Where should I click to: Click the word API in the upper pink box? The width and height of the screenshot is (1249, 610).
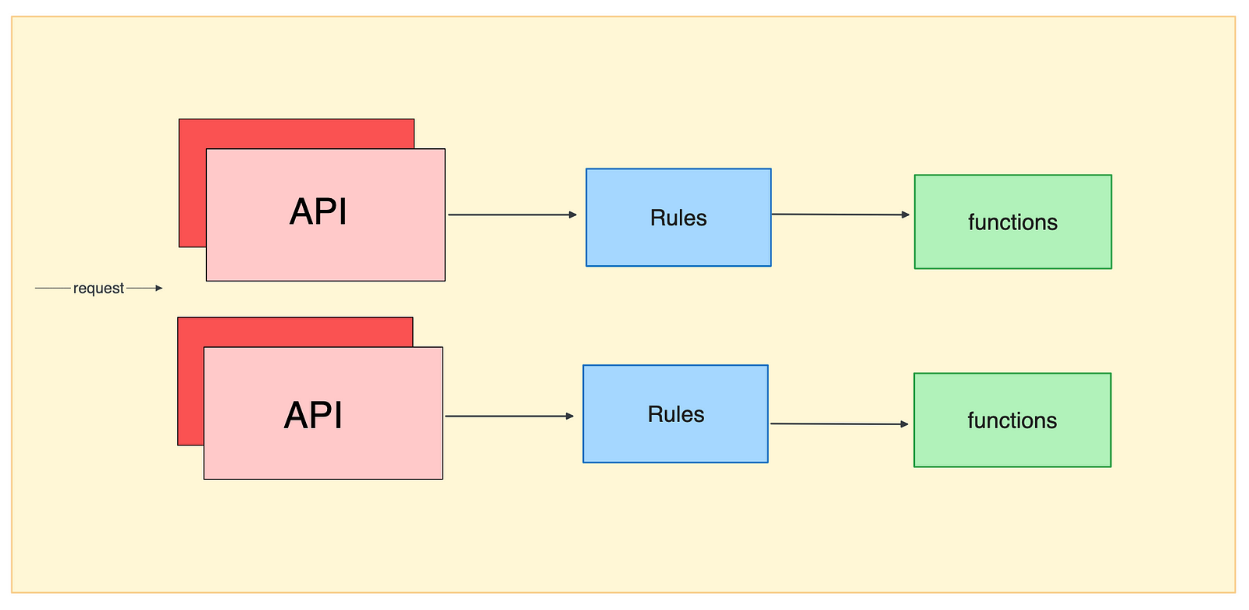[318, 212]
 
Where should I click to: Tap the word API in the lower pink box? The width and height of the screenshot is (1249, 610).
[313, 415]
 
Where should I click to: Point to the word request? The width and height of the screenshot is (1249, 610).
[98, 289]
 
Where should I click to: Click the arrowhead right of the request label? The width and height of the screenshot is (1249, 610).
[159, 289]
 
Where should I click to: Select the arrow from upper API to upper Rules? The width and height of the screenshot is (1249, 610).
[511, 215]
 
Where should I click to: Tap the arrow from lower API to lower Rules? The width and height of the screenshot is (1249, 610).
[508, 417]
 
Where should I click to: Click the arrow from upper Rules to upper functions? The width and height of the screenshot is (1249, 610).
[840, 215]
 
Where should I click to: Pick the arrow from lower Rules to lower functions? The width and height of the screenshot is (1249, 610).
[838, 424]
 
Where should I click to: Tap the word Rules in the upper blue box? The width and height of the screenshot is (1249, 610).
[678, 218]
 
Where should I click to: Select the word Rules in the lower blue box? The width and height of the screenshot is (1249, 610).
[675, 415]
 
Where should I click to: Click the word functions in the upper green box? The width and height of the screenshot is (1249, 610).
[1012, 223]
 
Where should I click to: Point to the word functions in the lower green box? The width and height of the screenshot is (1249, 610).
[1012, 421]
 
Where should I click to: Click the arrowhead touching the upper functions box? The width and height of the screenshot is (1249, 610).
[906, 215]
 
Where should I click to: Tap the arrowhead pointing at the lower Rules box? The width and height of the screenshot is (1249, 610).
[570, 417]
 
